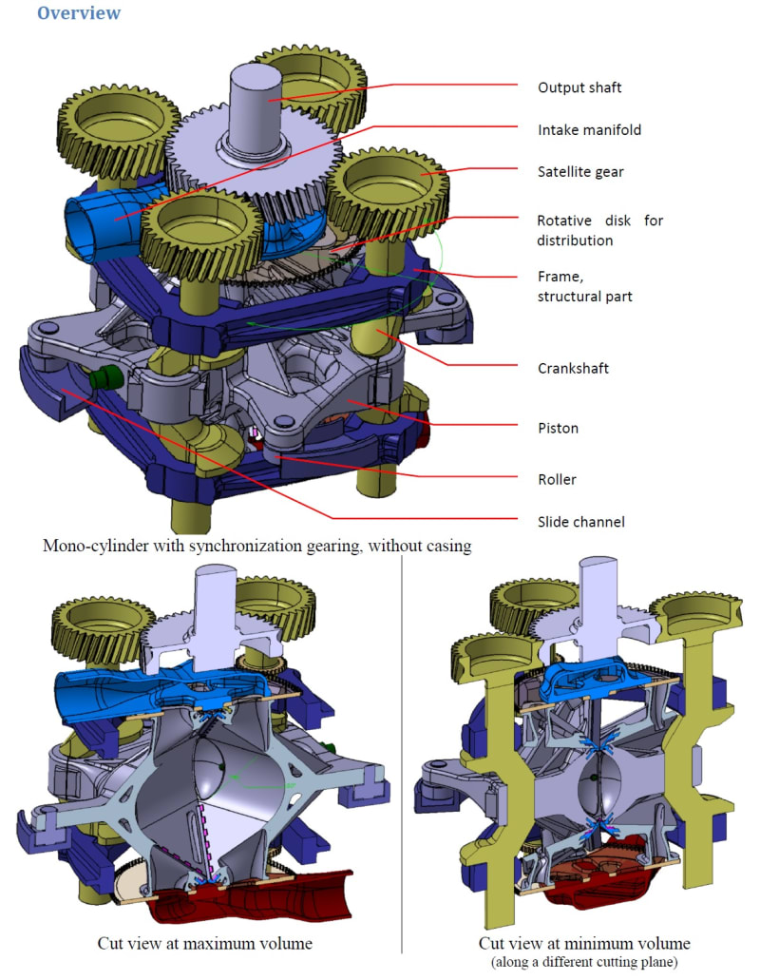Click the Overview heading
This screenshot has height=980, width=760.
pyautogui.click(x=79, y=13)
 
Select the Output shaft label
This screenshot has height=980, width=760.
pyautogui.click(x=579, y=88)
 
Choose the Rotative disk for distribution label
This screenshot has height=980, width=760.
pyautogui.click(x=599, y=230)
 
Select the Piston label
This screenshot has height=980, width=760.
pyautogui.click(x=559, y=428)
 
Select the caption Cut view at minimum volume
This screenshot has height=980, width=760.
pyautogui.click(x=584, y=944)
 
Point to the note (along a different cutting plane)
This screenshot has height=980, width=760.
pyautogui.click(x=584, y=962)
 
